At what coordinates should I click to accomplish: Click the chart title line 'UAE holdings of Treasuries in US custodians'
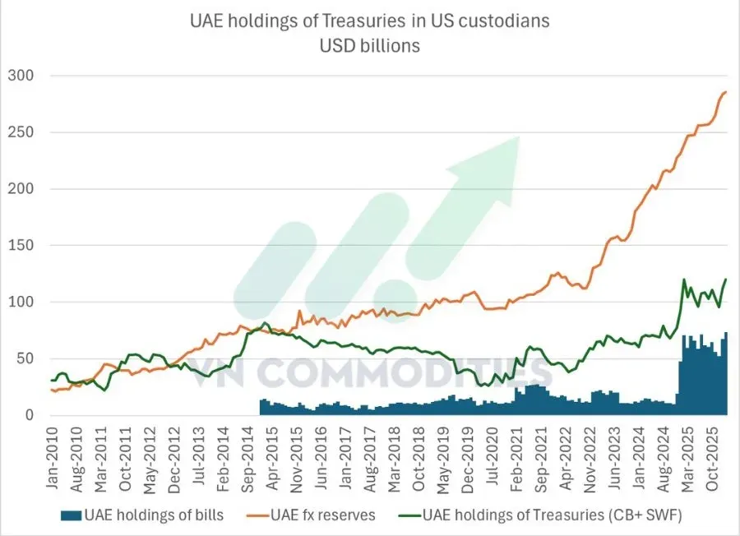pyautogui.click(x=369, y=21)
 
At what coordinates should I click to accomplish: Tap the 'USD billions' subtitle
pyautogui.click(x=369, y=46)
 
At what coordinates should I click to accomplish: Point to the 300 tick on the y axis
pyautogui.click(x=21, y=76)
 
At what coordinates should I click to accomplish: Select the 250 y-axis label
pyautogui.click(x=21, y=132)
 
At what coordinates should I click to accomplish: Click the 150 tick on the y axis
pyautogui.click(x=21, y=245)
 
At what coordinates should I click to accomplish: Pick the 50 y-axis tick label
pyautogui.click(x=25, y=358)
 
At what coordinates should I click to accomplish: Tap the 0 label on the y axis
pyautogui.click(x=30, y=415)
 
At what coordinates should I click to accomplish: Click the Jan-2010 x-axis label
pyautogui.click(x=52, y=458)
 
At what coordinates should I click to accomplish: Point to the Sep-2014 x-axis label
pyautogui.click(x=248, y=460)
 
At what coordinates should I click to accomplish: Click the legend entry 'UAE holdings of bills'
pyautogui.click(x=142, y=515)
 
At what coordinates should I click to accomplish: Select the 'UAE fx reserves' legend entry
pyautogui.click(x=311, y=515)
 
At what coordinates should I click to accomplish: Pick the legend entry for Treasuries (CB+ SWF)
pyautogui.click(x=540, y=515)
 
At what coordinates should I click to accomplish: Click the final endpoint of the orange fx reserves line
pyautogui.click(x=726, y=92)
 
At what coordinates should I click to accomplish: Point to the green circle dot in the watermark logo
pyautogui.click(x=395, y=301)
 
